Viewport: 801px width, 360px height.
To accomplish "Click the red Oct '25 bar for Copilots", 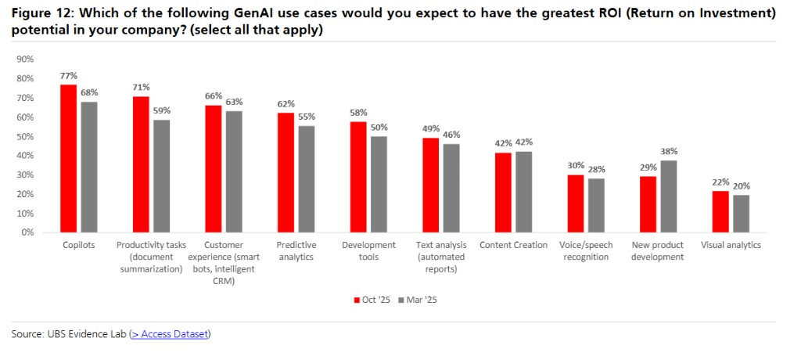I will (x=69, y=158).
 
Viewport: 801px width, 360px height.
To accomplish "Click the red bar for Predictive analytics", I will (x=286, y=172).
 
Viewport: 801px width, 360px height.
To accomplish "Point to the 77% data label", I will (x=69, y=76).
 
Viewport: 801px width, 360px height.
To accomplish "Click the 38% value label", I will (x=669, y=152).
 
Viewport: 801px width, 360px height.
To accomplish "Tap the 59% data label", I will (x=161, y=111).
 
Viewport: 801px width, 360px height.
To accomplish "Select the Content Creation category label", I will (x=513, y=245).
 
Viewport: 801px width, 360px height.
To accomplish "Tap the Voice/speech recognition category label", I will (x=585, y=250).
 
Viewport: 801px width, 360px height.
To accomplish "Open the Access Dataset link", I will (x=170, y=334).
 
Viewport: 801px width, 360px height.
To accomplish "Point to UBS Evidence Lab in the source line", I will (x=86, y=334).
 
